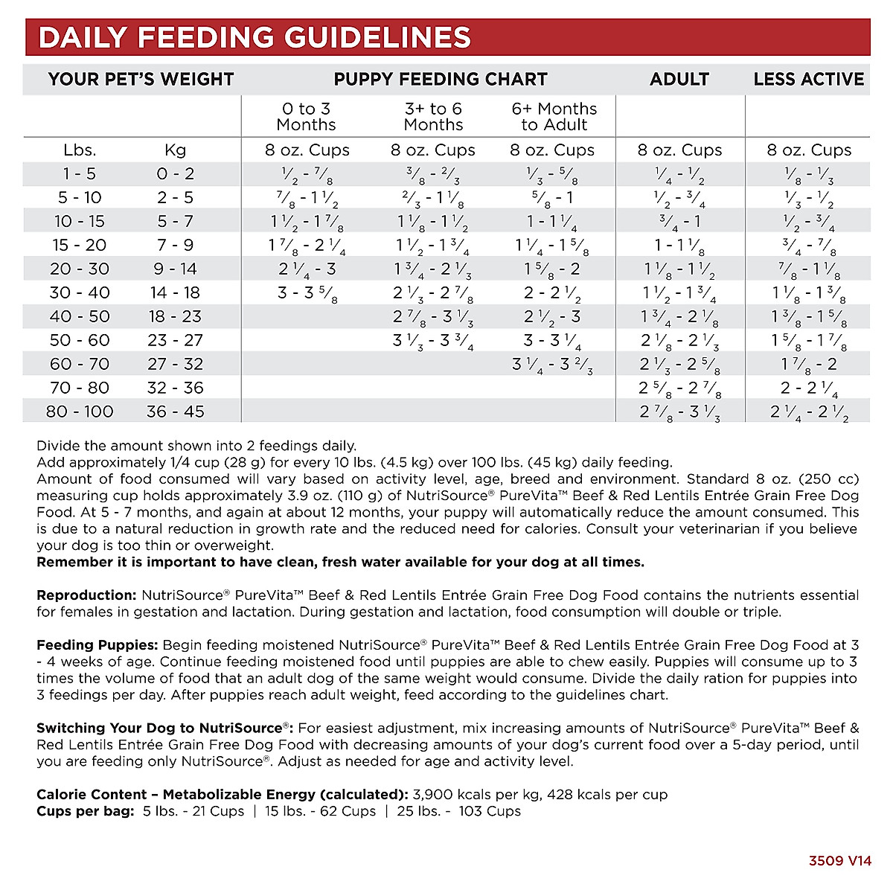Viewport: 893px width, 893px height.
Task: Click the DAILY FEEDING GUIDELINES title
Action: (255, 37)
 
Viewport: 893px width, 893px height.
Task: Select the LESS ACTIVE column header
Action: (808, 79)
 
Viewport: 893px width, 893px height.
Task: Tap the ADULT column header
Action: (679, 79)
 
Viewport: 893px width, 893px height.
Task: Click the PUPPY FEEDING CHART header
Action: (441, 79)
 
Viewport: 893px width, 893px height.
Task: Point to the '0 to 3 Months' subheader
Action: (306, 117)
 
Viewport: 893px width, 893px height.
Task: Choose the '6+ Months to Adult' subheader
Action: (554, 117)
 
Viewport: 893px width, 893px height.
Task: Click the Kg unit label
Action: (175, 150)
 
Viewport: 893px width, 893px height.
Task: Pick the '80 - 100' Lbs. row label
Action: (80, 412)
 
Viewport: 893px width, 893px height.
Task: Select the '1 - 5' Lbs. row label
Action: (80, 173)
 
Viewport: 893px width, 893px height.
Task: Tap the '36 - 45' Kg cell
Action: (175, 412)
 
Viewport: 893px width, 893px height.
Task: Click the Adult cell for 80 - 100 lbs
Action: (679, 412)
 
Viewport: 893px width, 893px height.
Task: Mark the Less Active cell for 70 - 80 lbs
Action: (809, 388)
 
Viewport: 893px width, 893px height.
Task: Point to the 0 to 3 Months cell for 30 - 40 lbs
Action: (307, 292)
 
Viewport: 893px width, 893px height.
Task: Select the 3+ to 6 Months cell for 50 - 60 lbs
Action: (433, 340)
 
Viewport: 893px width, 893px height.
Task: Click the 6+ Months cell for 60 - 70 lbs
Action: (552, 364)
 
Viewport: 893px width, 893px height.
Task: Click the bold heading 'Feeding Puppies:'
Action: (97, 645)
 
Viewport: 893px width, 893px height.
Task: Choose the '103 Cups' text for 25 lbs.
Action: (490, 811)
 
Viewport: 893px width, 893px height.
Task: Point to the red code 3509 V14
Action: (839, 861)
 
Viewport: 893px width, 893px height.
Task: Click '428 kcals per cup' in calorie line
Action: (607, 795)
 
